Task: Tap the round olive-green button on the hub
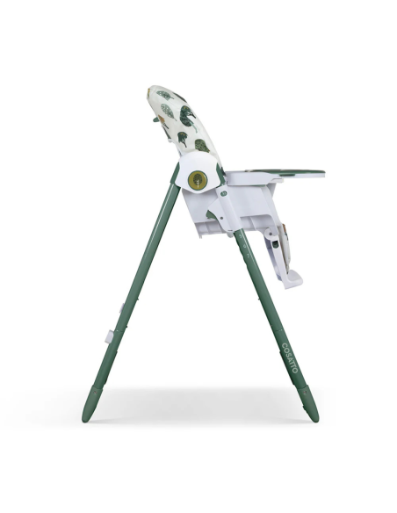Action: [198, 181]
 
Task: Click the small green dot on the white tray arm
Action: [223, 193]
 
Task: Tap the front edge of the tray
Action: [321, 173]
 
